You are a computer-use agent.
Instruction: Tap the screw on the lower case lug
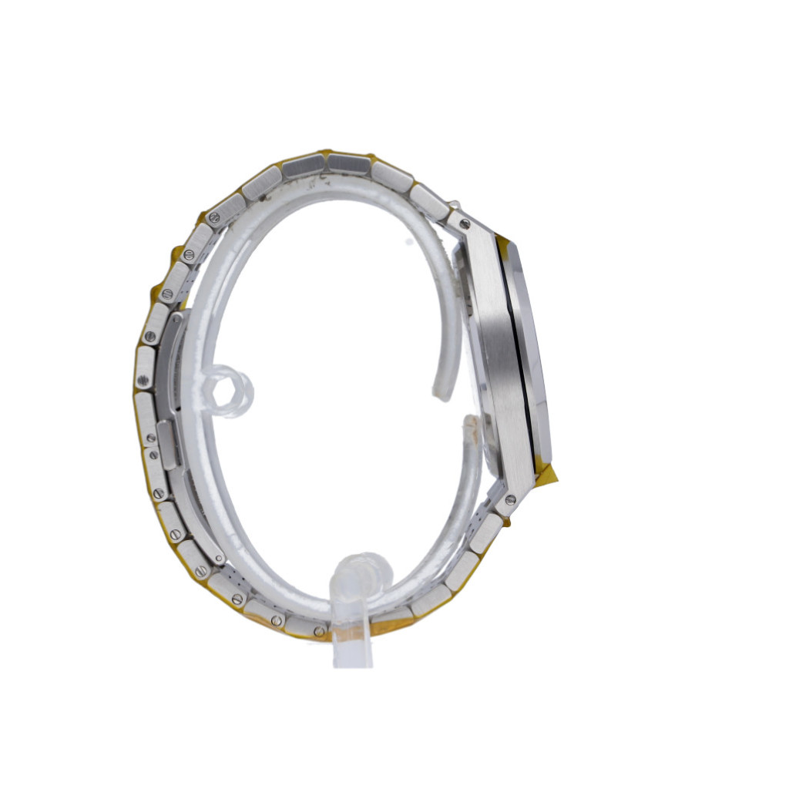(510, 500)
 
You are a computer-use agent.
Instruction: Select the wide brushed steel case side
(493, 347)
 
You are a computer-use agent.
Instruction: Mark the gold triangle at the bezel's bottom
(549, 472)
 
